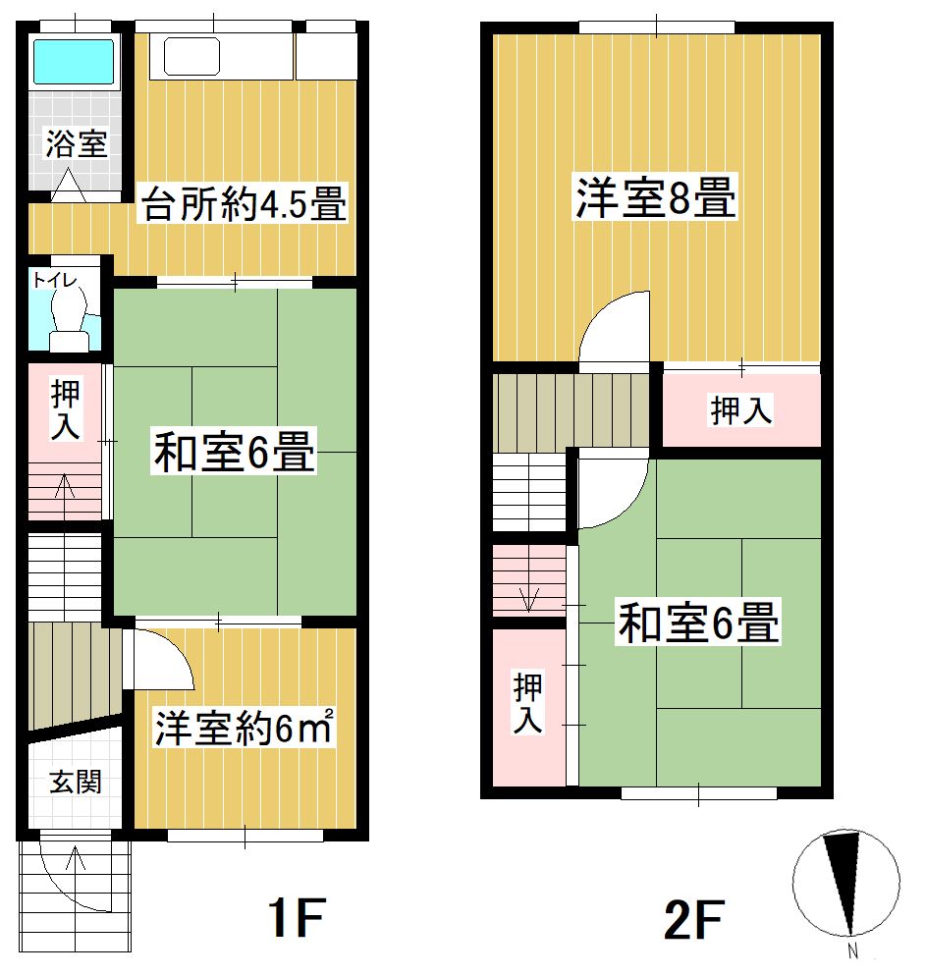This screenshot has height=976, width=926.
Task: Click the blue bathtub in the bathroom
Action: tap(74, 61)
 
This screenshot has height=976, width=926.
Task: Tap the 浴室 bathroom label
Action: tap(77, 143)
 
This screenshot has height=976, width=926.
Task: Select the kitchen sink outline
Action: tap(192, 56)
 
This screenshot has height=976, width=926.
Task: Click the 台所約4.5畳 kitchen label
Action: tap(244, 203)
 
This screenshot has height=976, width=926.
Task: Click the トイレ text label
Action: tap(55, 281)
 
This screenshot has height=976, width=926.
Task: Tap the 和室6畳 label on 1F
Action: tap(235, 452)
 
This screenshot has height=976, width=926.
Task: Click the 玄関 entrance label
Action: tap(76, 782)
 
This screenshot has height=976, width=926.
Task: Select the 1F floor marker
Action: tap(297, 917)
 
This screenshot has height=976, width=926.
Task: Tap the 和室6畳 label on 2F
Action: tap(698, 622)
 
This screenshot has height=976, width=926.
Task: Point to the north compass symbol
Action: tap(845, 883)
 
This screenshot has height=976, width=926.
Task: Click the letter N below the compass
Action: tap(852, 951)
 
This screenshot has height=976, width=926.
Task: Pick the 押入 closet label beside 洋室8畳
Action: tap(740, 410)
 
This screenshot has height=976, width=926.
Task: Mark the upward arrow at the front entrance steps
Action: tap(76, 876)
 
